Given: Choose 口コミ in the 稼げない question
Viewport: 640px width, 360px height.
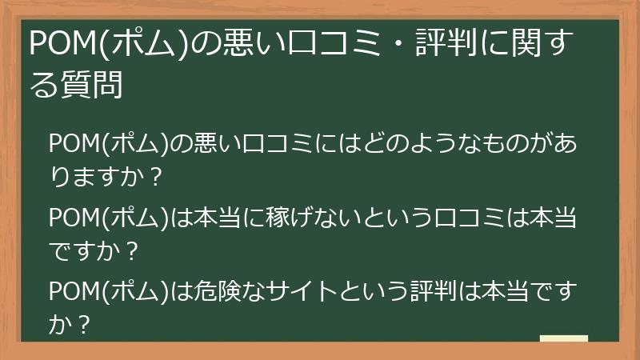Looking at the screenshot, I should [464, 218].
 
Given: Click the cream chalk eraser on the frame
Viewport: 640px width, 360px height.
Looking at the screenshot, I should [564, 338].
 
